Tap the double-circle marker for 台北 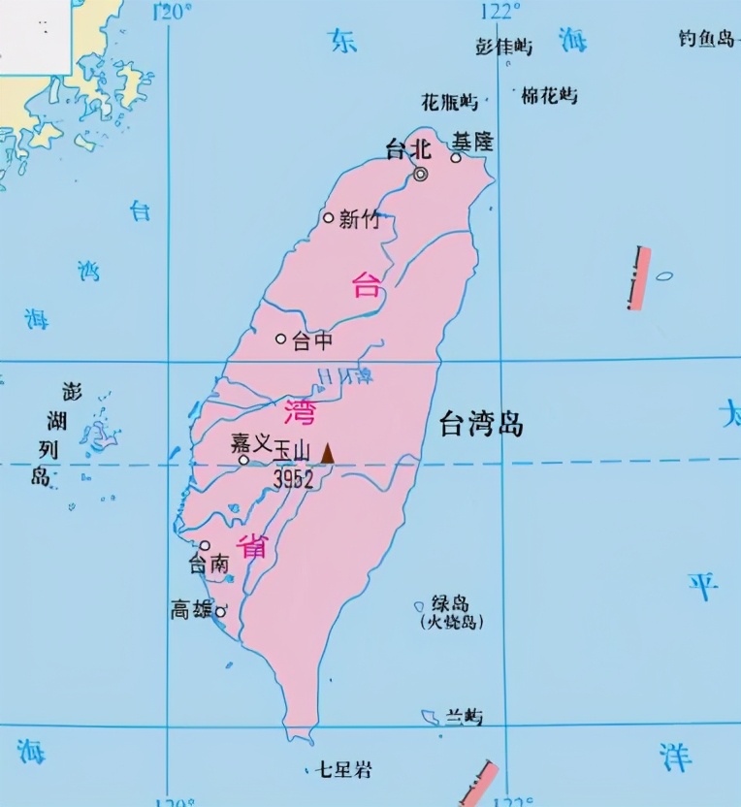(x=421, y=175)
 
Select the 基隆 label (x=472, y=142)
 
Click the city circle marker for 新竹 (x=329, y=218)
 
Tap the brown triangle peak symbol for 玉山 (x=328, y=453)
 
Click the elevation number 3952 (x=292, y=478)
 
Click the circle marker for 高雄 (x=220, y=612)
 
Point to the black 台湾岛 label (x=481, y=423)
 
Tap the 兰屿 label (x=464, y=717)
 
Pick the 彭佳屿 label (x=504, y=46)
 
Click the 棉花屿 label (x=549, y=95)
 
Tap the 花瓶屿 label (x=450, y=101)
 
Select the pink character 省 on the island (x=254, y=546)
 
